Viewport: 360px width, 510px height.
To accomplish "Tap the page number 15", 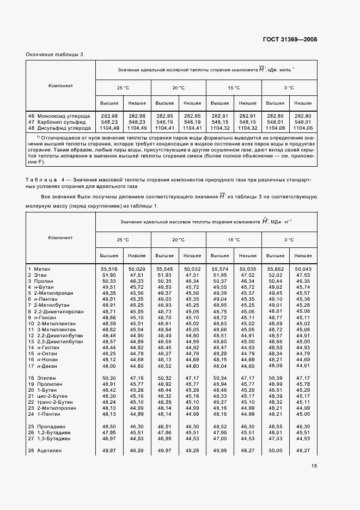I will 314,465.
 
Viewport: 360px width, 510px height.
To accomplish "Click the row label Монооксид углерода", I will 60,116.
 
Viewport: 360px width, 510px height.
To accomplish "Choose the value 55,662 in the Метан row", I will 274,269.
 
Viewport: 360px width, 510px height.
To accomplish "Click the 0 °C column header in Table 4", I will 289,240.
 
